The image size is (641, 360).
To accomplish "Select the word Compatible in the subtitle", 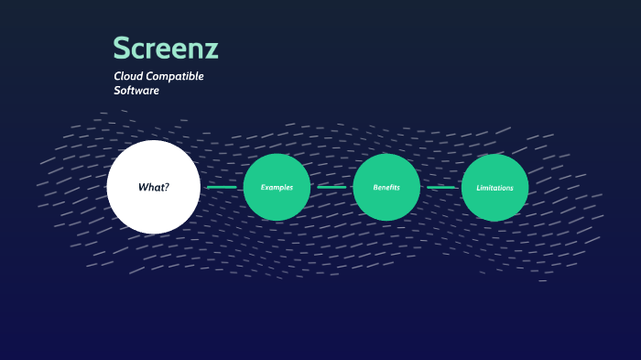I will point(177,76).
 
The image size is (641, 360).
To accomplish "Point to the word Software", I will point(136,91).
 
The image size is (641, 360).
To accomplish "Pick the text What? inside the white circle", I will point(153,188).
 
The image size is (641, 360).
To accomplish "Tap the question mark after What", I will point(167,188).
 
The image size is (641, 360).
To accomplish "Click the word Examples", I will point(277,188).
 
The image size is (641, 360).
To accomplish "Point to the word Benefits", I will point(386,188).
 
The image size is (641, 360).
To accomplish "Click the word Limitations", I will point(494,188).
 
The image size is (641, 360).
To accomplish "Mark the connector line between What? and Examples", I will point(222,187).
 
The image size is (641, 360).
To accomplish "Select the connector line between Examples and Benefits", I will point(331,187).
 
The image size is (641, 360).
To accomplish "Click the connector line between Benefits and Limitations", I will point(440,187).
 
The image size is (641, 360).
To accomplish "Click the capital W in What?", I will point(143,188).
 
